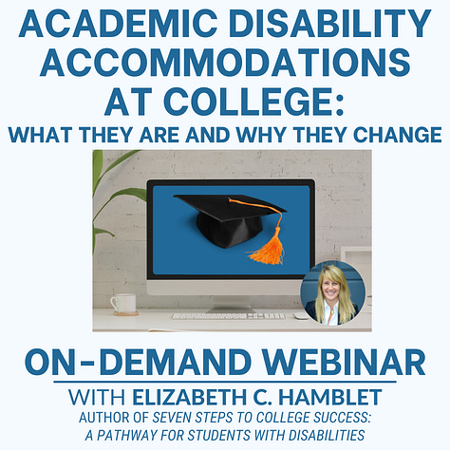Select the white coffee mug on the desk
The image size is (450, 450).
(123, 304)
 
